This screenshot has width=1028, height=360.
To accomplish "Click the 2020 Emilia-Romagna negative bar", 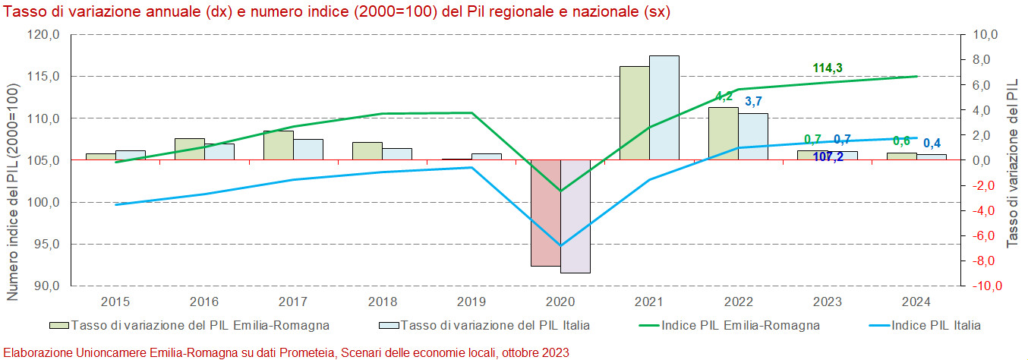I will (545, 213).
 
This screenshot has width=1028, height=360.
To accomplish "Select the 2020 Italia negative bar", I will (575, 216).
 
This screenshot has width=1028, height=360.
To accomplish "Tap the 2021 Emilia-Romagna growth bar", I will (634, 113).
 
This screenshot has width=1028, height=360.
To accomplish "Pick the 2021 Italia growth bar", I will (664, 108).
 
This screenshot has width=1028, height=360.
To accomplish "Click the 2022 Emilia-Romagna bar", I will (723, 134).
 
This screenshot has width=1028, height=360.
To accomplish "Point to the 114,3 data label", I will (828, 68).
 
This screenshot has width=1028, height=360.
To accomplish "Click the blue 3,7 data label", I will (753, 102).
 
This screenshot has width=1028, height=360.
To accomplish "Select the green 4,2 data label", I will (724, 96).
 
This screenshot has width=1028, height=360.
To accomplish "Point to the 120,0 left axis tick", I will (44, 35).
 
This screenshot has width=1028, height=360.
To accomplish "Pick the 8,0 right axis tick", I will (979, 60).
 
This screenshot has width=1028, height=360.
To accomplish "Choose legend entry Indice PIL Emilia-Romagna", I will (740, 325).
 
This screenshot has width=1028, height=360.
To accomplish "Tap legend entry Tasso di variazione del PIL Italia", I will (494, 325).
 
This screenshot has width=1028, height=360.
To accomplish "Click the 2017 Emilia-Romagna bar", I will (278, 145).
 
